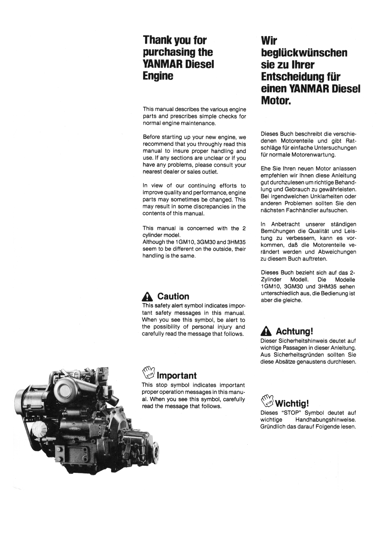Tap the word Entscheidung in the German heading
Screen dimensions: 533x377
click(x=296, y=77)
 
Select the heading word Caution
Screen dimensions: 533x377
click(x=173, y=296)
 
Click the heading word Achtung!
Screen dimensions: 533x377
click(x=295, y=331)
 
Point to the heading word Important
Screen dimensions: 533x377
click(x=177, y=376)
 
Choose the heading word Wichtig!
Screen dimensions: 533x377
click(x=292, y=404)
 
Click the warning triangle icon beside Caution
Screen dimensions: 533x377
click(x=147, y=297)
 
